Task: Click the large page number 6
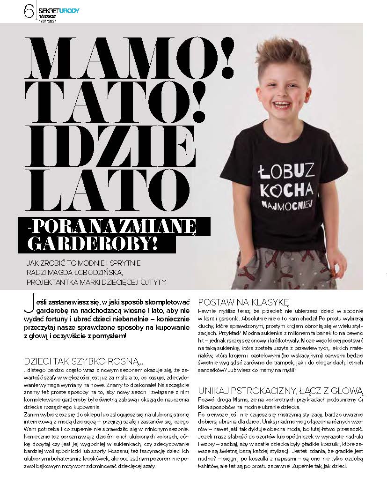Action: coord(29,10)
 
